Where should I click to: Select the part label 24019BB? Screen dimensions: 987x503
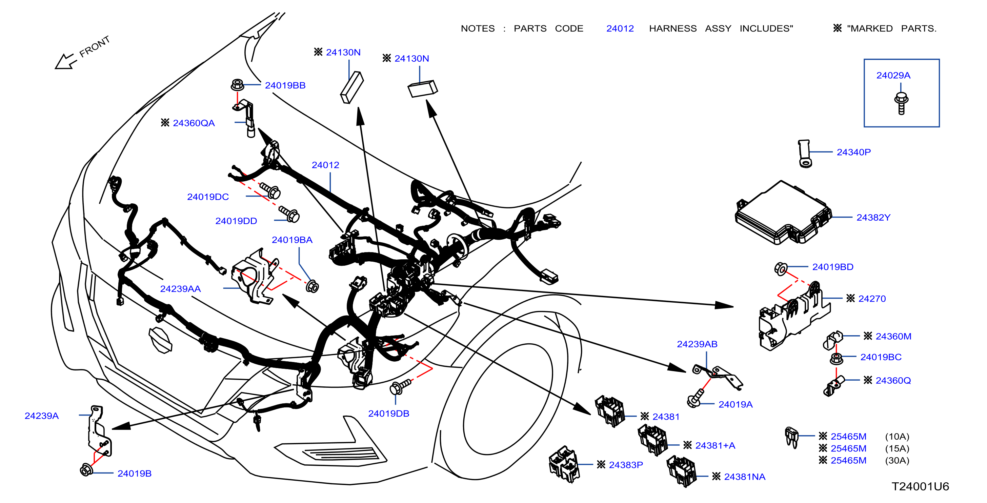pos(285,85)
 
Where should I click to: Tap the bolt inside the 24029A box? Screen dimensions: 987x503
pos(901,103)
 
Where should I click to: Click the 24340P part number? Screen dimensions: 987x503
pos(854,152)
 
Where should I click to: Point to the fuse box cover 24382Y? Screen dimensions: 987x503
pos(783,213)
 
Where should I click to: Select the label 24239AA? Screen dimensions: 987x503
pos(180,289)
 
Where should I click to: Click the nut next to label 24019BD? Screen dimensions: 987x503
pos(781,268)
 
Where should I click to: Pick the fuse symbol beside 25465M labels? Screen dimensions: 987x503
pos(791,437)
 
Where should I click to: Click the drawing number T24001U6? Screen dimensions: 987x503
pos(920,486)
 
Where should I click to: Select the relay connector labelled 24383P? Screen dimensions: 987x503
pos(564,464)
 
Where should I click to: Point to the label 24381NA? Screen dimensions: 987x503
pos(744,477)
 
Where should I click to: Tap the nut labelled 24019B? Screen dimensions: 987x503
pos(86,470)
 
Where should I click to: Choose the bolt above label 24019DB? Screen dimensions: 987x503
pos(400,386)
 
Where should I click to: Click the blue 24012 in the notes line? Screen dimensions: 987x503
pos(620,29)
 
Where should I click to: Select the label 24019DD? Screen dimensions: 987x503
pos(236,221)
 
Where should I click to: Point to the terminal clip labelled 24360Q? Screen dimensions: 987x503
pos(833,386)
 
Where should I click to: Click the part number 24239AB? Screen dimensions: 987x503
pos(697,344)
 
